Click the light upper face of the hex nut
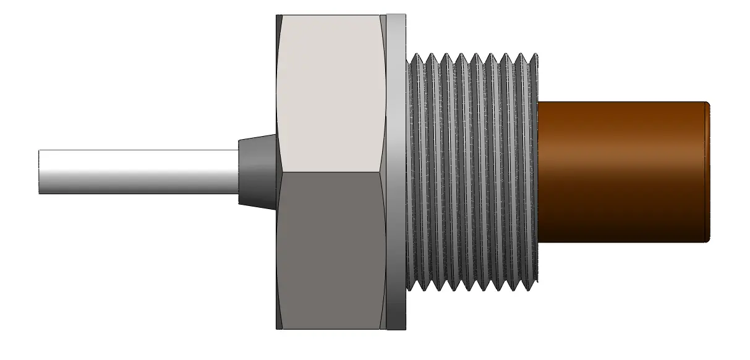coord(331,93)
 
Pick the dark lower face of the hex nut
coord(331,247)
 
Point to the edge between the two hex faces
coord(331,172)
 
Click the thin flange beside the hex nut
coord(396,172)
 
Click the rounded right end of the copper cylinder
coord(707,172)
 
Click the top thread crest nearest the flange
coord(415,56)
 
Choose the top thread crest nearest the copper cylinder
coord(534,56)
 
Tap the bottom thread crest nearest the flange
coord(415,288)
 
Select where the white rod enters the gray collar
coord(239,172)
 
